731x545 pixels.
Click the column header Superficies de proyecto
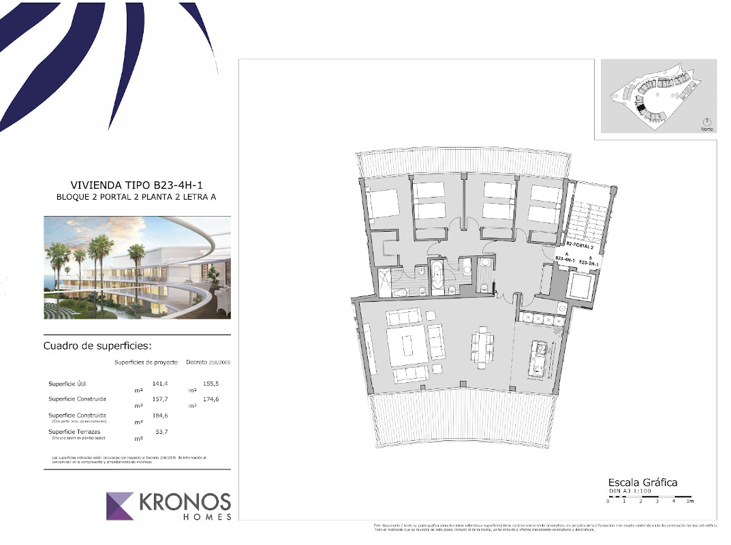pyautogui.click(x=146, y=362)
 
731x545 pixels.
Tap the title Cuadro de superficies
pyautogui.click(x=93, y=345)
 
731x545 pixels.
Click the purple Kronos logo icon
pyautogui.click(x=121, y=505)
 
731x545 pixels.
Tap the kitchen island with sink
pyautogui.click(x=540, y=359)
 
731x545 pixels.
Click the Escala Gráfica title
pyautogui.click(x=642, y=482)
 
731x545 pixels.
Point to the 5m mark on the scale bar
pyautogui.click(x=689, y=501)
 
